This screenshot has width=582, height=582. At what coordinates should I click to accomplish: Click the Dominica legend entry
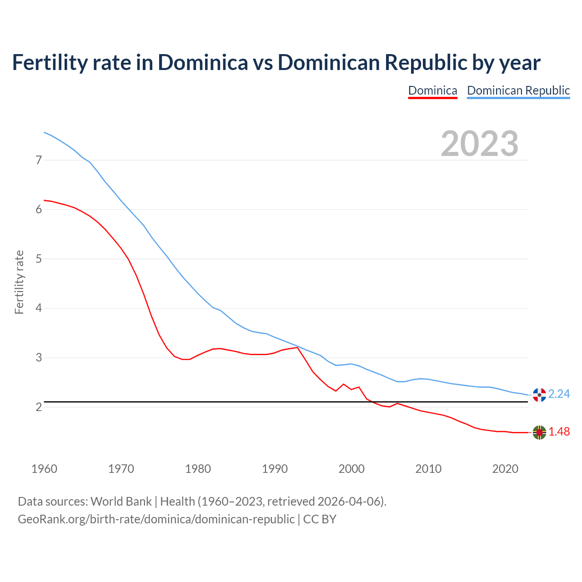tap(432, 90)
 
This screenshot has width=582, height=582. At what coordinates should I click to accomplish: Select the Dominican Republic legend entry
tap(518, 90)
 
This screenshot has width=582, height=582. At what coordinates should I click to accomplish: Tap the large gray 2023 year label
tap(480, 144)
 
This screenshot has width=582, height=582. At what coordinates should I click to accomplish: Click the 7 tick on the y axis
tap(39, 160)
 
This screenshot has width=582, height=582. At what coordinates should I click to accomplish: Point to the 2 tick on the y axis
tap(39, 407)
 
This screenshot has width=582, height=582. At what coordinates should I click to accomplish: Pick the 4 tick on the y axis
tap(39, 308)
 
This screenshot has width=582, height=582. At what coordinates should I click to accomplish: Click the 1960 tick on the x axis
tap(44, 469)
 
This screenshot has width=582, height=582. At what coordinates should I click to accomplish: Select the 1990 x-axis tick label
tap(275, 469)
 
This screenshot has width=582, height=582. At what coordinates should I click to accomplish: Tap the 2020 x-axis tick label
tap(505, 469)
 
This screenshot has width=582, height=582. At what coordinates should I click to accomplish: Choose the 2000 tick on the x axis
tap(351, 469)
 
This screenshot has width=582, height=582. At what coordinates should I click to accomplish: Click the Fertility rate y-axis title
tap(19, 282)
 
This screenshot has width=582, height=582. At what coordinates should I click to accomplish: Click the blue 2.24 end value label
tap(559, 394)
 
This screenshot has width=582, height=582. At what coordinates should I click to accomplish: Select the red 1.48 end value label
tap(559, 432)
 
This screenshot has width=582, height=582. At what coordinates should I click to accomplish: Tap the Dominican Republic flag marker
tap(539, 395)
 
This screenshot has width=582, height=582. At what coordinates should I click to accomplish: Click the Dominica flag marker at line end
tap(539, 432)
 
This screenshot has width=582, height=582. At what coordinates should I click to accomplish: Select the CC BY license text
tap(320, 519)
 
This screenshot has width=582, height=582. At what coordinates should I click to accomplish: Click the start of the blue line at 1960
tap(44, 132)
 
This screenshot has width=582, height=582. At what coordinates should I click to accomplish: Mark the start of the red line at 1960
tap(44, 200)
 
